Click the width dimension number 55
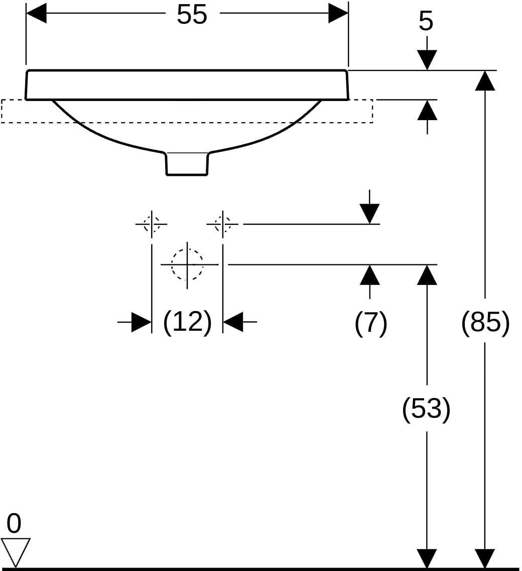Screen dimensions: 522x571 click(x=192, y=15)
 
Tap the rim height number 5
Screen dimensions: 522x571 click(x=426, y=22)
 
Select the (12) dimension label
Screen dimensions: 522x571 click(x=187, y=322)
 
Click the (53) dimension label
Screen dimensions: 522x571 click(x=426, y=409)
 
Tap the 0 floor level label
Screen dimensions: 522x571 click(x=14, y=524)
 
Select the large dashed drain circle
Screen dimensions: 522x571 click(x=187, y=264)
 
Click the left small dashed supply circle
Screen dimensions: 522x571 click(x=152, y=224)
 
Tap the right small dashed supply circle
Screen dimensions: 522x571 click(x=223, y=224)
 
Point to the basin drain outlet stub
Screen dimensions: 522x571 click(x=187, y=164)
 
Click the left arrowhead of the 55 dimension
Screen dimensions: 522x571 click(x=36, y=13)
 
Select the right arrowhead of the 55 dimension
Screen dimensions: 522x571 click(x=338, y=13)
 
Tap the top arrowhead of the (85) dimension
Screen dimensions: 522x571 click(x=485, y=80)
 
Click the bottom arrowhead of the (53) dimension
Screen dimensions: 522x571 click(x=427, y=558)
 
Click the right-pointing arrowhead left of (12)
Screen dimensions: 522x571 click(x=142, y=322)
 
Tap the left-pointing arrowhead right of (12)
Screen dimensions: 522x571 click(x=233, y=322)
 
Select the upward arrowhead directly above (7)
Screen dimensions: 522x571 click(x=370, y=274)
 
